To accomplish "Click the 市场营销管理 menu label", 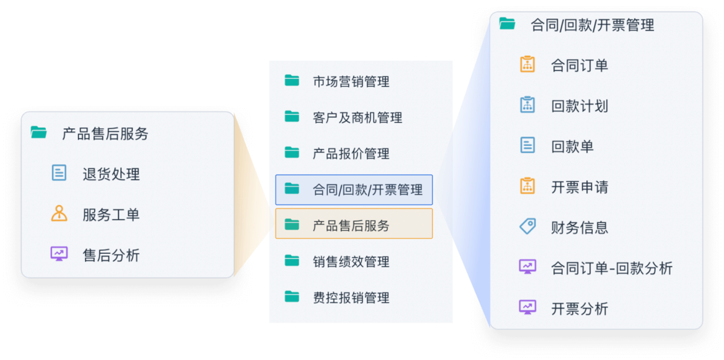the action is [x=351, y=82].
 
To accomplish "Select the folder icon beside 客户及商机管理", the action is [x=292, y=116].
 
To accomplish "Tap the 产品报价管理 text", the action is [x=351, y=154].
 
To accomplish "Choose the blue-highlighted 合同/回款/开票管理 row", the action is [x=354, y=190].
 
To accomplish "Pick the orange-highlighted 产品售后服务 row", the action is [x=354, y=224].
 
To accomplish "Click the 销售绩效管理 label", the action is [x=351, y=262].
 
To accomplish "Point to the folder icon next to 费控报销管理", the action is [x=292, y=296].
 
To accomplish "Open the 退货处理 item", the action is [x=111, y=174].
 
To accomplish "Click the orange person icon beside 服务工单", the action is [x=59, y=213].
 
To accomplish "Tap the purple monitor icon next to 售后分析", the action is [x=59, y=254].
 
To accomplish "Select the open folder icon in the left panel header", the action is [x=39, y=132].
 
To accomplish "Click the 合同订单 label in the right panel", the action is [x=580, y=66].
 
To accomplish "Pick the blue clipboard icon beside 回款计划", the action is [x=527, y=105].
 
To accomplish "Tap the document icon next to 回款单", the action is [x=527, y=145].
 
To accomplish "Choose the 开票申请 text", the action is [x=580, y=187].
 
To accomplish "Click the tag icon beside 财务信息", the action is [x=527, y=226].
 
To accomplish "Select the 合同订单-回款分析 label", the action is [x=612, y=268].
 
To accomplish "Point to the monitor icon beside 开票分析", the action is [x=527, y=307].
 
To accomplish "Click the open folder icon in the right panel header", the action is [x=507, y=24].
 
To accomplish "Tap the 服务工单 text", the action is [x=111, y=215].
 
